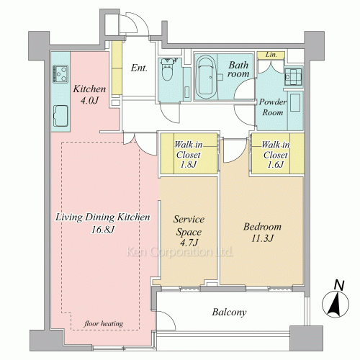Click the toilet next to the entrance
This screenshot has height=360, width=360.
167,69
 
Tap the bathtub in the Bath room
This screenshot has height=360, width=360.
206,77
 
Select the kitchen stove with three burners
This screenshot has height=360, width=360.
60,74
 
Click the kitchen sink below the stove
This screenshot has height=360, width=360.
60,116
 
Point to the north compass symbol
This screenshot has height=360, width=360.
336,300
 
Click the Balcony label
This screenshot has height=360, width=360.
229,312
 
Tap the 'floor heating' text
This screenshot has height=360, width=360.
104,324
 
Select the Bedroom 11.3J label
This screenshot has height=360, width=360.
262,233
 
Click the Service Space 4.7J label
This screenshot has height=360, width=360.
189,231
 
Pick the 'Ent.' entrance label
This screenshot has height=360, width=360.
139,68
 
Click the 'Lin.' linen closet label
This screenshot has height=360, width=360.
271,55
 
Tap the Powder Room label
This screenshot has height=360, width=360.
273,107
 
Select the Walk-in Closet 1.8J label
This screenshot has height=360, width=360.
189,155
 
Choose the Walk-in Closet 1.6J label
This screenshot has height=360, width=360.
276,155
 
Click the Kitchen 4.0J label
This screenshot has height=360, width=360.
89,94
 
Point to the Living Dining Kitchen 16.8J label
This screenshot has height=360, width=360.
103,223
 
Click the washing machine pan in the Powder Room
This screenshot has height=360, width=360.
293,76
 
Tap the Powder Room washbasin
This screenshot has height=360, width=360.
295,102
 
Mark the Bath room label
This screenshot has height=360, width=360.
238,69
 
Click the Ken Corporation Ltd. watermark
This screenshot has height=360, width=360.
179,252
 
